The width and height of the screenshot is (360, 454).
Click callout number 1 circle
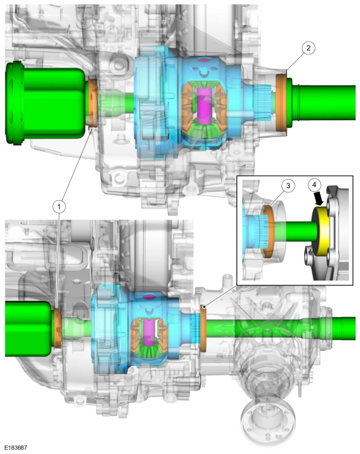[59, 207]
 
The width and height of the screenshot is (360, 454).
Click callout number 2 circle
[308, 48]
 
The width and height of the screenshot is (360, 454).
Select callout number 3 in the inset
[288, 186]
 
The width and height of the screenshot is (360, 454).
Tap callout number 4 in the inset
[315, 185]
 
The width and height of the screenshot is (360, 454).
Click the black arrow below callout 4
[318, 199]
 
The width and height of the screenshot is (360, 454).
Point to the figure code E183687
[16, 448]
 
